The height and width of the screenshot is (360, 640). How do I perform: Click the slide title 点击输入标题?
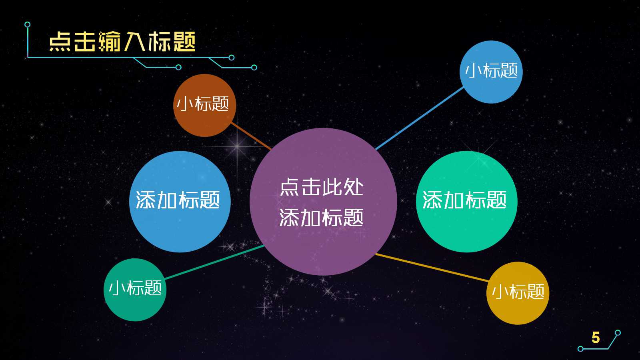(122, 42)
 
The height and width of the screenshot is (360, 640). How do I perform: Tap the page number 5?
(596, 338)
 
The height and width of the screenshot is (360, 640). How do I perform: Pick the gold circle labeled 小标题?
(518, 292)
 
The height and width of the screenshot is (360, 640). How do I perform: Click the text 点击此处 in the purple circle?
(322, 187)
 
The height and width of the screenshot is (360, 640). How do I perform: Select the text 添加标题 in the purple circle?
(322, 218)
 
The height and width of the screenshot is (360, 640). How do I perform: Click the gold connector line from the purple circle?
(432, 268)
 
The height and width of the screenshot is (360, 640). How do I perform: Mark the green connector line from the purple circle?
(214, 262)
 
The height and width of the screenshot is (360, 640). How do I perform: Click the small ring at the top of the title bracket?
(27, 25)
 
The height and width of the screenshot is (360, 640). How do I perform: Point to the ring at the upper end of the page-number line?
(618, 332)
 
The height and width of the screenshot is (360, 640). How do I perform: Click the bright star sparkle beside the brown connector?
(237, 146)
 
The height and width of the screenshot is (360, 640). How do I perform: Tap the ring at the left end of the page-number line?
(580, 349)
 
